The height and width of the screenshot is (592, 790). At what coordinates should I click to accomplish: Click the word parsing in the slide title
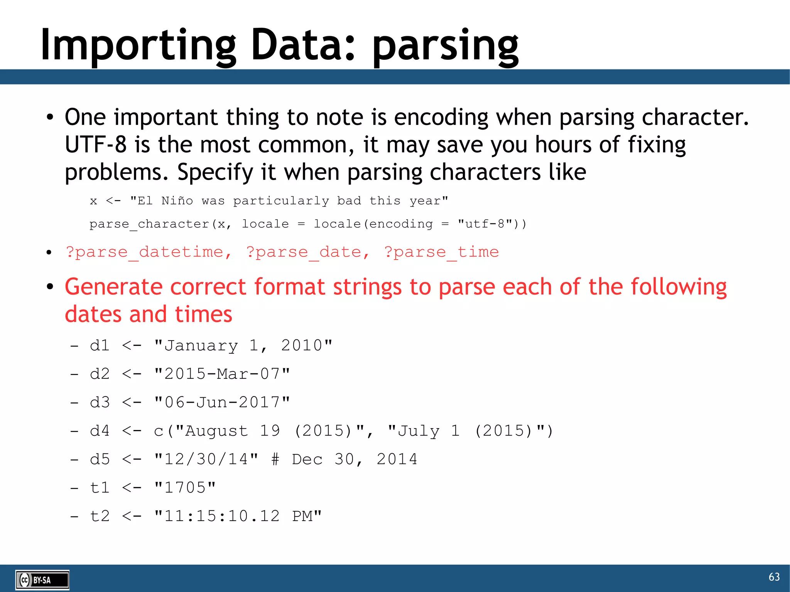tap(446, 47)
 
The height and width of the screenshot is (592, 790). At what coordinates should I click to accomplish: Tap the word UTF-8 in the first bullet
tap(95, 145)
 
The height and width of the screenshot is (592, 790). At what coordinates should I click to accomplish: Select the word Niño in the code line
tap(177, 201)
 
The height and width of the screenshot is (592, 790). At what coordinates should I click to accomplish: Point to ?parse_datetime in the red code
tap(149, 252)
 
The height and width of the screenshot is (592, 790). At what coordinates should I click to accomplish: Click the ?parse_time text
tap(441, 252)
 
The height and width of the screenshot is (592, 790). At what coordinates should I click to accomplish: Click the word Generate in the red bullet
tap(113, 287)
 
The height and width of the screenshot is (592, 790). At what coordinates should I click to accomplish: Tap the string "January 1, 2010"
tap(243, 345)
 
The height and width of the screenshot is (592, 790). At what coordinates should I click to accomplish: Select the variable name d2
tap(100, 374)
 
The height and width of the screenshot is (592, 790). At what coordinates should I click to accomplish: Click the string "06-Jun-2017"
tap(222, 402)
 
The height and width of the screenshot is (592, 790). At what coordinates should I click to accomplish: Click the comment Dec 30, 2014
tap(354, 459)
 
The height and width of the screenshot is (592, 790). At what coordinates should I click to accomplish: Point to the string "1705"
tap(185, 488)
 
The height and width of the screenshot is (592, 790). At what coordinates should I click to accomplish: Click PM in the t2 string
tap(302, 516)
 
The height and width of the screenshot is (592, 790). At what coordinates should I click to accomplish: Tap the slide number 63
tap(774, 577)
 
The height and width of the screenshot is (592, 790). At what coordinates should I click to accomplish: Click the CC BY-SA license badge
tap(42, 580)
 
